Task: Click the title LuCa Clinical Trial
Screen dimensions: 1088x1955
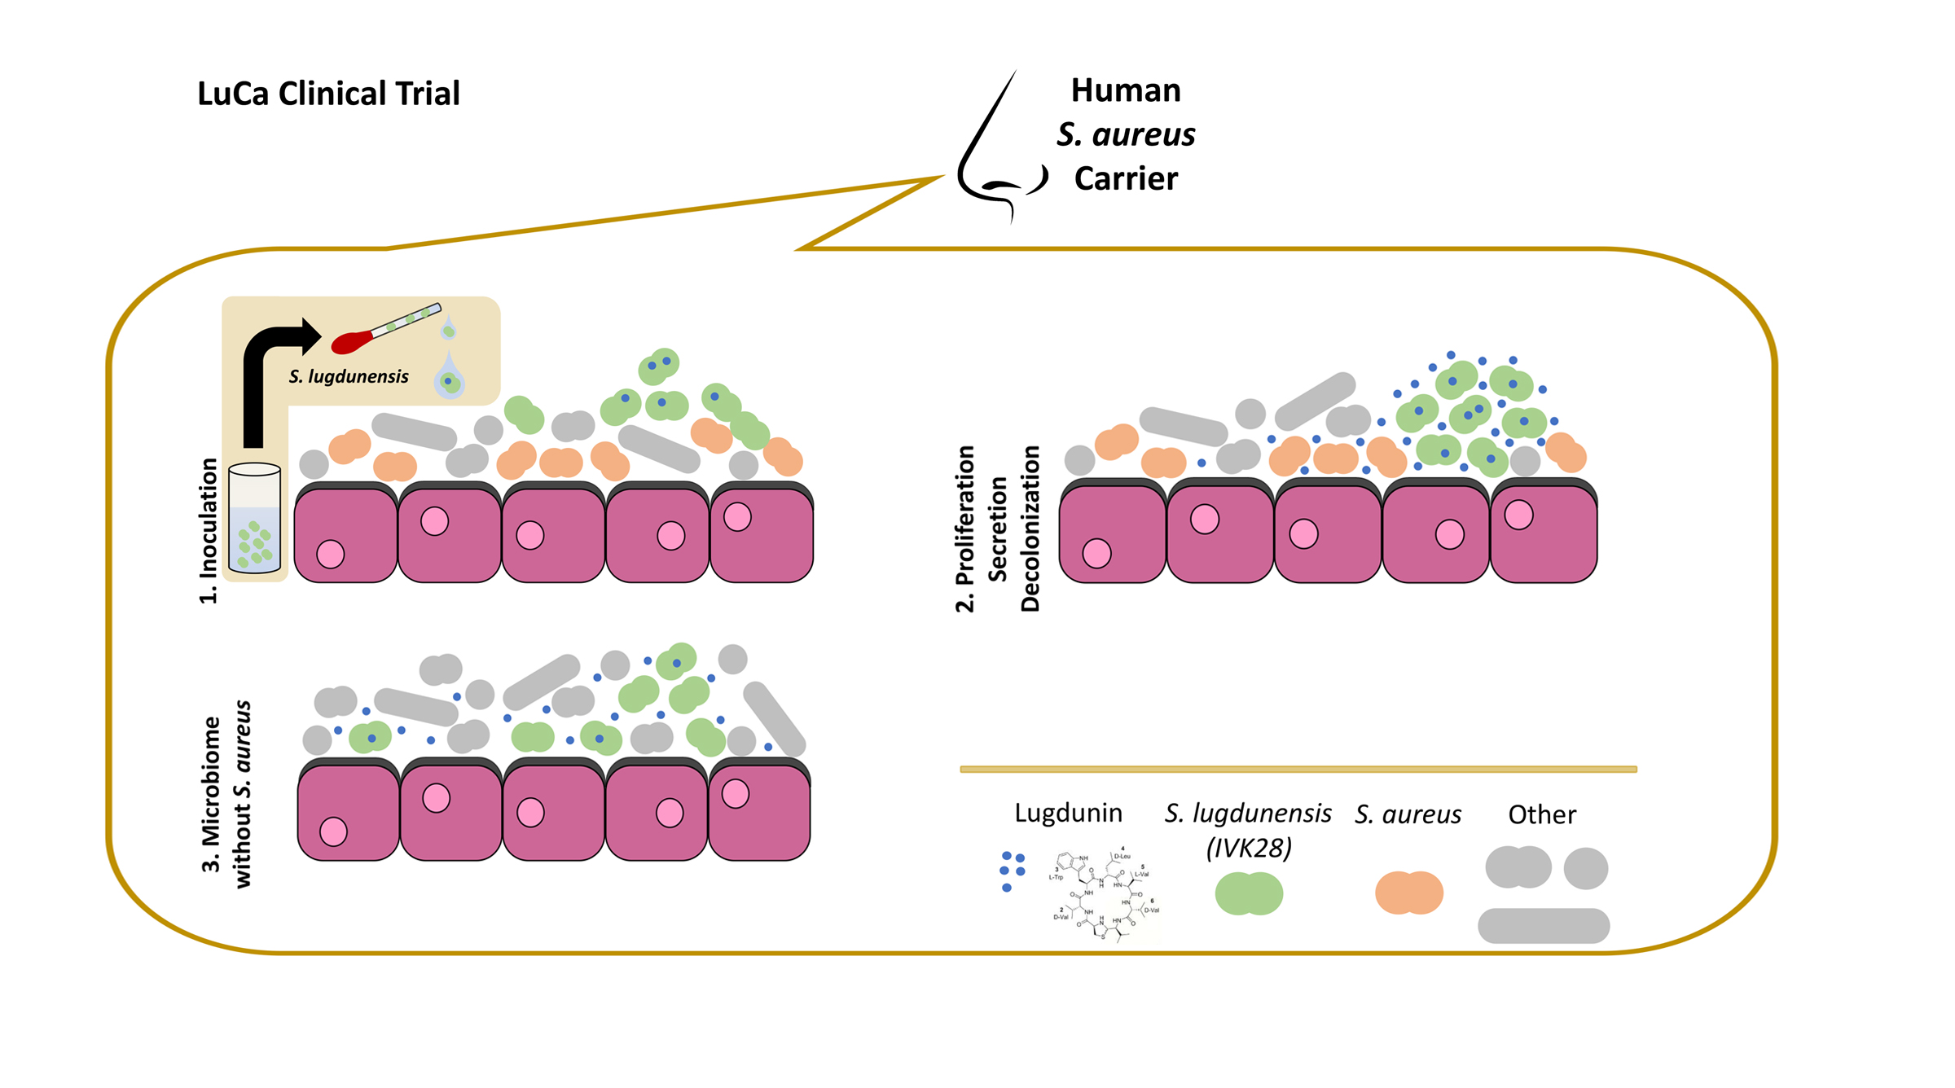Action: tap(328, 94)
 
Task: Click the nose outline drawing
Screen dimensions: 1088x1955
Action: tap(990, 155)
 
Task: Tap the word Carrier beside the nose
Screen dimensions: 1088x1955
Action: tap(1125, 178)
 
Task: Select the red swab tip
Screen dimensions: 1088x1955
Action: tap(352, 342)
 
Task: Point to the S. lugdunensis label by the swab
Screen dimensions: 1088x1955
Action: tap(349, 376)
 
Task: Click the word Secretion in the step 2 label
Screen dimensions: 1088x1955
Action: tap(997, 529)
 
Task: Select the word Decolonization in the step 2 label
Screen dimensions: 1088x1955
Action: tap(1030, 529)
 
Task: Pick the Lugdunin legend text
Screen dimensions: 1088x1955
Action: tap(1068, 813)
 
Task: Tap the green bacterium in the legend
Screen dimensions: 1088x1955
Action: tap(1248, 893)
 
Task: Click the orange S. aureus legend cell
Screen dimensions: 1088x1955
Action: tap(1408, 893)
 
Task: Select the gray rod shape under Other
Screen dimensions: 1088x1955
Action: tap(1543, 926)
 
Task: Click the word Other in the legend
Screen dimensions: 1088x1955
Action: tap(1541, 814)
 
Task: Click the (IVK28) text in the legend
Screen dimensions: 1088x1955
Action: tap(1248, 849)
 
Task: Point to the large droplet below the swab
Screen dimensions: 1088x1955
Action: tap(449, 378)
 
